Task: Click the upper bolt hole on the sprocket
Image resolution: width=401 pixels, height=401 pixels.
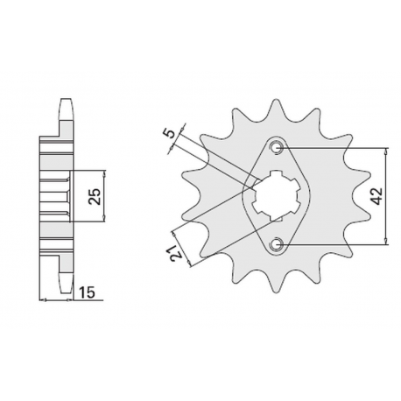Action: [277, 146]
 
